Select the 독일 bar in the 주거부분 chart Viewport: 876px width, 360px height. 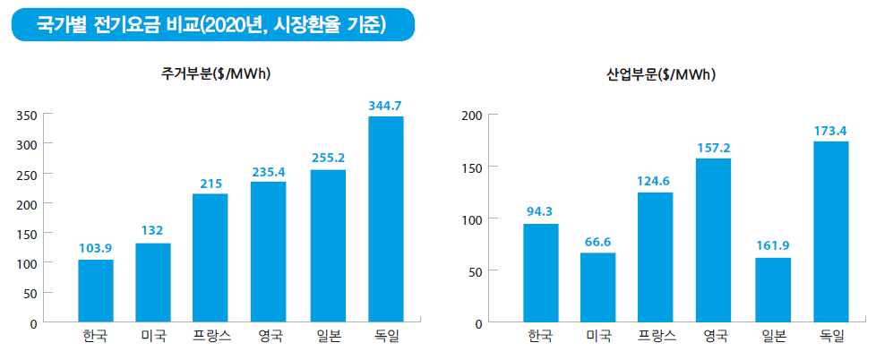(386, 219)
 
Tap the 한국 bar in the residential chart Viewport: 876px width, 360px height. (96, 291)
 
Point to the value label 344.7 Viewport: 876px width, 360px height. (386, 106)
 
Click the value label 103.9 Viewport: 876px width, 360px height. (96, 248)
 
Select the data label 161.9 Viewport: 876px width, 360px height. (773, 246)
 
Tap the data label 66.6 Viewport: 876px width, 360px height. (598, 242)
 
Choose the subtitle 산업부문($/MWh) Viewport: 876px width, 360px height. (661, 74)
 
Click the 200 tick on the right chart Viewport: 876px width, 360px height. (472, 116)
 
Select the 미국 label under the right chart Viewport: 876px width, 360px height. (598, 337)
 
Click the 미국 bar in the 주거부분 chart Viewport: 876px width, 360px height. (153, 282)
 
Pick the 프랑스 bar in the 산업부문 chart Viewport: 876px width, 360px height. (656, 257)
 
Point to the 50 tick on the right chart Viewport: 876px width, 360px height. (476, 271)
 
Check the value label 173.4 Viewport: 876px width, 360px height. (830, 131)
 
